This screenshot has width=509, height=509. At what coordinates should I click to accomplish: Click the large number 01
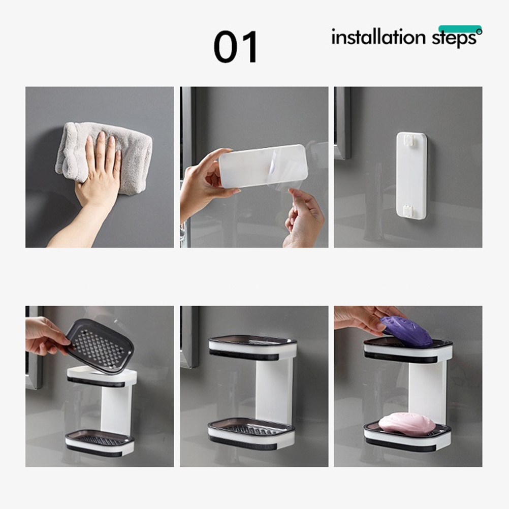point(236,47)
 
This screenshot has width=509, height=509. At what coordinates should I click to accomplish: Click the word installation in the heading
point(378,37)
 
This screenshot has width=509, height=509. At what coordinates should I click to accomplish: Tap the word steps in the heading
point(455,39)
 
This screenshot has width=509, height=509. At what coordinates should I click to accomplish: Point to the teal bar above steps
point(460,28)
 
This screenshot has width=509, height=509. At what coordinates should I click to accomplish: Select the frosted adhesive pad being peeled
point(263,166)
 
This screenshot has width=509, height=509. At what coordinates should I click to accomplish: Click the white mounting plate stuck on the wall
point(411,175)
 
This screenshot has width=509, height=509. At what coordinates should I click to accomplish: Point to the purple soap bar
point(406,331)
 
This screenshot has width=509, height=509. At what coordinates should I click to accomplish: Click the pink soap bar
point(407,424)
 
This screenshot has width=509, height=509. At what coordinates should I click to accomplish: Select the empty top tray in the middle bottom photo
point(252,347)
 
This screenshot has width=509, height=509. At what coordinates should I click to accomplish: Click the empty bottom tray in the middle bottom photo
point(251,433)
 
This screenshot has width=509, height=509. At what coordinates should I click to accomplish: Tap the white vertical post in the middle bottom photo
point(274,390)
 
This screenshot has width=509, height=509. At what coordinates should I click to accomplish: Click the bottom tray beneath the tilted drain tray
point(100,443)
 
